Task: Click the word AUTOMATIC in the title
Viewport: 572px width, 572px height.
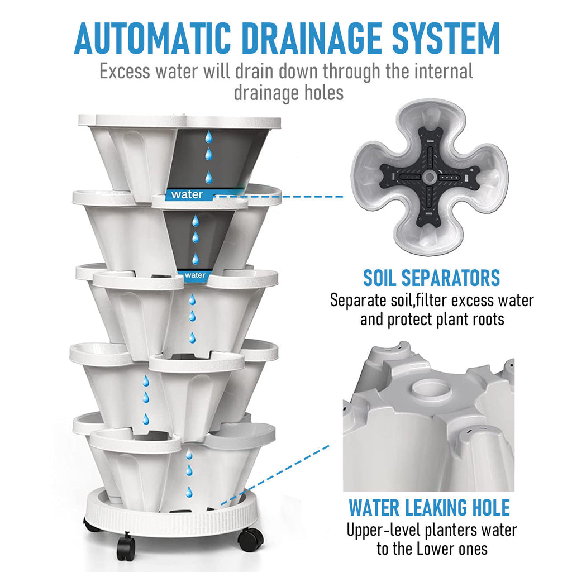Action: [152, 39]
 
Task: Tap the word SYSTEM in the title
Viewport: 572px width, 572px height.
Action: [445, 39]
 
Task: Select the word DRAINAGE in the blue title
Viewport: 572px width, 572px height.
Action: [312, 39]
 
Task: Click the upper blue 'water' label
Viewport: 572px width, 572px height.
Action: [188, 195]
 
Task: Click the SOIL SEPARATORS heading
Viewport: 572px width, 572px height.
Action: [432, 278]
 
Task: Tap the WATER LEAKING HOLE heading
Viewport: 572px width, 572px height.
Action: [430, 507]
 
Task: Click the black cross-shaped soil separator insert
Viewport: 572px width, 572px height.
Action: [430, 177]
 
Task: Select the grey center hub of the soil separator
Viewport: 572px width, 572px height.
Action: [430, 177]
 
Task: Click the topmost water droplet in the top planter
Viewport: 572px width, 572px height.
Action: [209, 137]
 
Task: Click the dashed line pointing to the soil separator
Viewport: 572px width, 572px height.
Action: [280, 197]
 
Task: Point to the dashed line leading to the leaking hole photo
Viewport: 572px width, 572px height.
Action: [274, 475]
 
